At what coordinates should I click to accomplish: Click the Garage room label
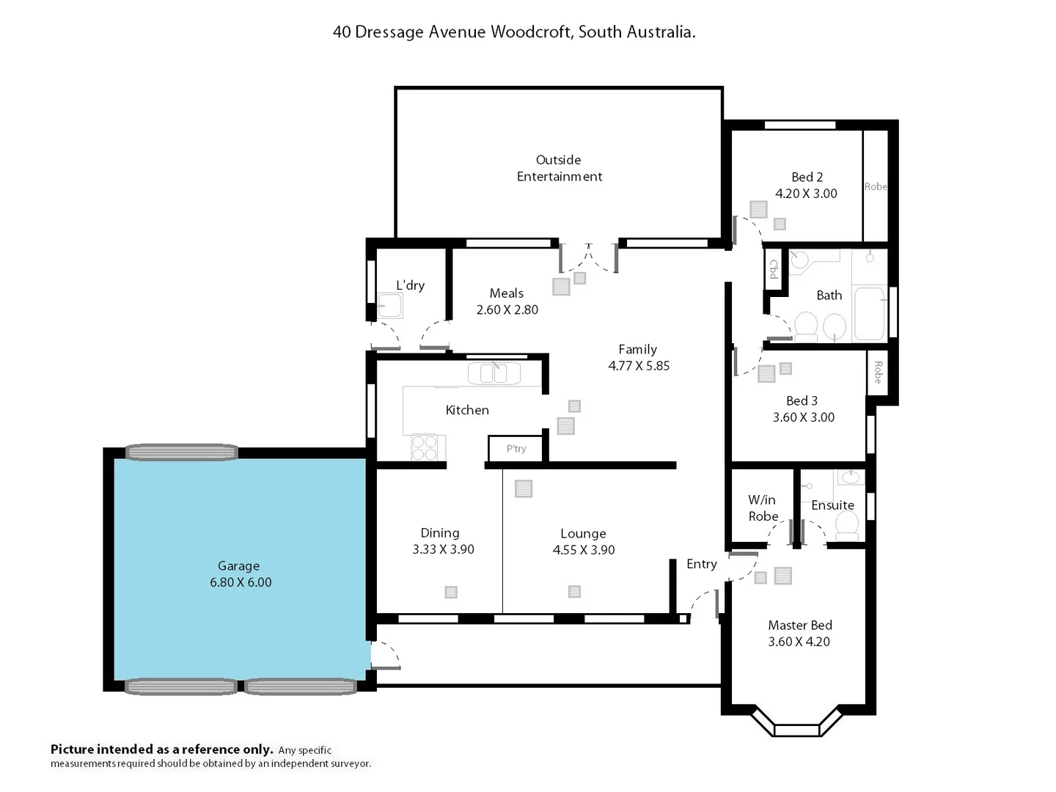[238, 565]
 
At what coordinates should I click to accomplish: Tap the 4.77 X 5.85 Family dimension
[639, 366]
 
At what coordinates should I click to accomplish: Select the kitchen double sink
[494, 374]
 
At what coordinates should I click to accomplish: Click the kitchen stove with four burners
[424, 447]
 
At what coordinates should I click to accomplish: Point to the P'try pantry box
[516, 449]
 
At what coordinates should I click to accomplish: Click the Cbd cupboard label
[774, 269]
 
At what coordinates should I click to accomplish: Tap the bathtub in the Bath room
[870, 313]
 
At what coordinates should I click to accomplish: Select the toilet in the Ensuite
[847, 526]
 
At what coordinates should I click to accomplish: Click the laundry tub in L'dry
[389, 306]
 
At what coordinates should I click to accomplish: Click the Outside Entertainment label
[559, 168]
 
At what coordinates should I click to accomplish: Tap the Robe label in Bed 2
[875, 187]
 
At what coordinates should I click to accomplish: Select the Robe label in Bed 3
[877, 373]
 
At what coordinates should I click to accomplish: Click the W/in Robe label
[763, 508]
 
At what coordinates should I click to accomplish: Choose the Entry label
[701, 564]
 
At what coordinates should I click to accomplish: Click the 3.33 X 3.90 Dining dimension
[443, 549]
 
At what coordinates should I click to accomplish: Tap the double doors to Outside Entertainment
[588, 257]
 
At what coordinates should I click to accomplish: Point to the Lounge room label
[583, 533]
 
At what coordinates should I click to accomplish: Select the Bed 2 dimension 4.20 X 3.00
[806, 194]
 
